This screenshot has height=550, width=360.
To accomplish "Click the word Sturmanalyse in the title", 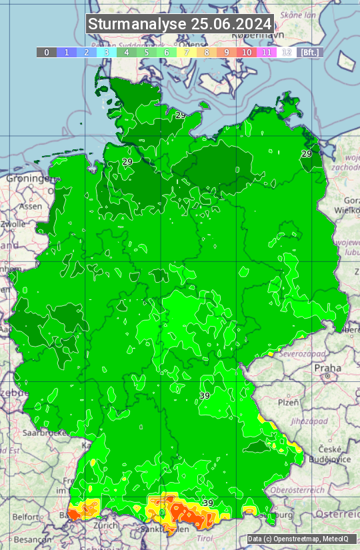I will (137, 24).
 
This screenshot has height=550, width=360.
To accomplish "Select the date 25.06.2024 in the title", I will (231, 24).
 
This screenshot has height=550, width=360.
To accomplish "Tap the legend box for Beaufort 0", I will (47, 52).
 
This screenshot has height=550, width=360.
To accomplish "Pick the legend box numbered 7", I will (187, 52).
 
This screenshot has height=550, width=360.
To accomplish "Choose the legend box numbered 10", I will (247, 52).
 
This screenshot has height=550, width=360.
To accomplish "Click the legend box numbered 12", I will (287, 52).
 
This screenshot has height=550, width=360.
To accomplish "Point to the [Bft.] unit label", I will (310, 52).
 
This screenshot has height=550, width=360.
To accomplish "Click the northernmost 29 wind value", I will (181, 115).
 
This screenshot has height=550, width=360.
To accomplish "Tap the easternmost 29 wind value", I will (306, 153).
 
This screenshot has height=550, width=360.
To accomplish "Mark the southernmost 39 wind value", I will (207, 503).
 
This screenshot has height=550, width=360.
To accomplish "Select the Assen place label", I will (30, 207).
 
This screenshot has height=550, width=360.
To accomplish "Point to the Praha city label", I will (327, 368).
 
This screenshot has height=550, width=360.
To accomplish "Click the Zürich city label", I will (105, 525).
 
